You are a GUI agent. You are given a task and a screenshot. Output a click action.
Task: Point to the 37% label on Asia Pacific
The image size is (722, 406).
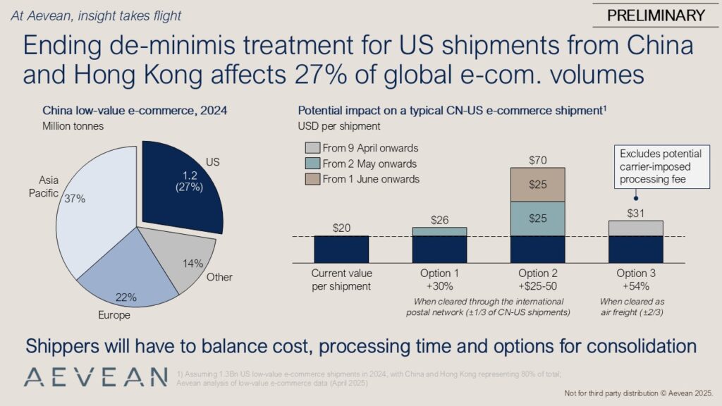tap(74, 199)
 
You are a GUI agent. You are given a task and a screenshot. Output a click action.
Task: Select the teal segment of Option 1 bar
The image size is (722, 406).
tap(439, 231)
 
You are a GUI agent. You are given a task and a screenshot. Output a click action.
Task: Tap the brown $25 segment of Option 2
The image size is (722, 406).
tap(538, 184)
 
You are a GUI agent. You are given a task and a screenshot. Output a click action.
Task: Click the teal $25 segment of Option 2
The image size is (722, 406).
tap(538, 219)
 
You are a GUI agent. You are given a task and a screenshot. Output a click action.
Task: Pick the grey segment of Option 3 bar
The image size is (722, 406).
tap(636, 228)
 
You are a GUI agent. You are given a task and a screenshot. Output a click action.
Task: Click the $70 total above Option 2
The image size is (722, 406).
tap(538, 159)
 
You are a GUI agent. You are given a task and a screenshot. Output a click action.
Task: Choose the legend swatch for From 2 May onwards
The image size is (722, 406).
tap(311, 164)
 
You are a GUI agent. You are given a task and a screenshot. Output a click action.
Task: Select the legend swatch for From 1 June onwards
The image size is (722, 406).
tap(311, 179)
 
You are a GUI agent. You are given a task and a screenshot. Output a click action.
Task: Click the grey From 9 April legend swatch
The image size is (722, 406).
tap(311, 148)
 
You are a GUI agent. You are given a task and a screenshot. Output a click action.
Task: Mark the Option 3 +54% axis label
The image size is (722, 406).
tap(636, 279)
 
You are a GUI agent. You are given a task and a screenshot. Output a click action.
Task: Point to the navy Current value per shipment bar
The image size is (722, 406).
tap(341, 249)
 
